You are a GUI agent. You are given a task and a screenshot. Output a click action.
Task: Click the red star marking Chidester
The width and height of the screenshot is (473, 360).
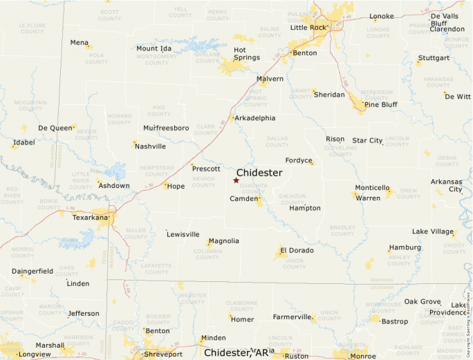(236, 180)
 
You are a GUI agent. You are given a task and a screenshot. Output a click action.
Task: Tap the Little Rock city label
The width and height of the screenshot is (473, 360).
(308, 28)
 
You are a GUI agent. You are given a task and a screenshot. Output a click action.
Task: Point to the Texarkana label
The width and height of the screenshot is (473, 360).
(91, 218)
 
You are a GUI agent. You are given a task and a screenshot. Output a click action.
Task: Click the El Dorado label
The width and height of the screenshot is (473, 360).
(297, 250)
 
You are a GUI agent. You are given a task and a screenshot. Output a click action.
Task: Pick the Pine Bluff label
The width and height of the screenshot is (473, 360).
(380, 104)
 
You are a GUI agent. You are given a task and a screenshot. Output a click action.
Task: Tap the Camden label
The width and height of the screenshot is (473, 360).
(242, 199)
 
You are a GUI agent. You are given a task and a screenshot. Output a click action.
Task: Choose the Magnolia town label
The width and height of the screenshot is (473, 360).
(223, 241)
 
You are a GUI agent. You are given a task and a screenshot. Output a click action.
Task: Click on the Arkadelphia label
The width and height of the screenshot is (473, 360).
(255, 118)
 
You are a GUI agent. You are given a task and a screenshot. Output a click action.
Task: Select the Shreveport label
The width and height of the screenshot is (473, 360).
(163, 354)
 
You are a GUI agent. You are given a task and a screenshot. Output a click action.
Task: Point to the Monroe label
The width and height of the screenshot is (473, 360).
(363, 356)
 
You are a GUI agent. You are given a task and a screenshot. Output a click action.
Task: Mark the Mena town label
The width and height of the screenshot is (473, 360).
(80, 43)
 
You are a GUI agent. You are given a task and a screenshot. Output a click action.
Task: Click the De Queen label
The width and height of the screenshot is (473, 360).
(55, 128)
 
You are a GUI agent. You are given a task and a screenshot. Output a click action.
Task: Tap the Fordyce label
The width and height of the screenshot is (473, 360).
(299, 160)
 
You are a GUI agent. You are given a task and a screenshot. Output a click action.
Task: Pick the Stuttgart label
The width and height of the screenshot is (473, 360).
(434, 57)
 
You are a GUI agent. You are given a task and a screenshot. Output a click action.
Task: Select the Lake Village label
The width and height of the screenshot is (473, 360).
(433, 231)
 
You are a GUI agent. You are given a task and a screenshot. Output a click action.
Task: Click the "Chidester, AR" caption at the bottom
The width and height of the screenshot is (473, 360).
(235, 353)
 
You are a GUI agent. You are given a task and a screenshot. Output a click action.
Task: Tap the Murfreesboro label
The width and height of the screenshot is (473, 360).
(166, 129)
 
